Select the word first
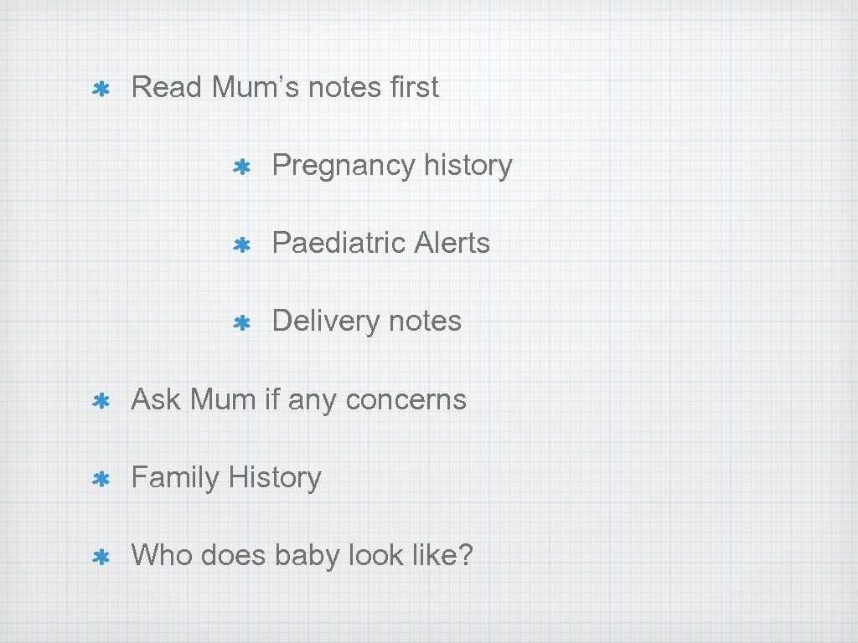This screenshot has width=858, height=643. coord(414,87)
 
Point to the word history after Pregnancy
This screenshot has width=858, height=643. coord(468,165)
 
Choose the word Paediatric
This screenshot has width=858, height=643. coord(339,243)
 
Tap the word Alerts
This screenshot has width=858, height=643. coord(452,243)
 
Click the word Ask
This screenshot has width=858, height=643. coord(156,399)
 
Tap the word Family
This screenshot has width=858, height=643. coord(175,478)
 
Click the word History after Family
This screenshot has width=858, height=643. coord(275,478)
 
